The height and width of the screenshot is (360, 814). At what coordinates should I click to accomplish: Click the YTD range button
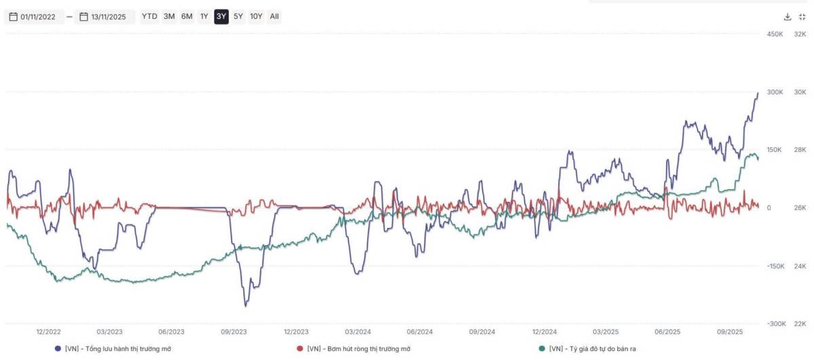coord(149,16)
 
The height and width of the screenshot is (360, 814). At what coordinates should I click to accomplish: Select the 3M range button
coord(169,16)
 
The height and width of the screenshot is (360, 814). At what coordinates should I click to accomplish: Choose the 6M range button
coord(187,16)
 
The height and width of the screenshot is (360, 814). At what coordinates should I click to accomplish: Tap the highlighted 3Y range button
coord(221,16)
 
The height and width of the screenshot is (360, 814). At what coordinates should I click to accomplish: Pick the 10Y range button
coord(256,16)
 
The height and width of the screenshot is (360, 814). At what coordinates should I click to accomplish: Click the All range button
coord(274,16)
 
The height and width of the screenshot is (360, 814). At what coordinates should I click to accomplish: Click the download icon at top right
coord(788,16)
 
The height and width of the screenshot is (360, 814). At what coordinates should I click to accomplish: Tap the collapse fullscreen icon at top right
coord(802,16)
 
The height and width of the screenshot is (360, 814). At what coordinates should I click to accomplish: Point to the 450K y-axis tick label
coord(775,34)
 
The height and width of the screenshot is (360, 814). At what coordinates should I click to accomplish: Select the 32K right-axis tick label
coord(800,34)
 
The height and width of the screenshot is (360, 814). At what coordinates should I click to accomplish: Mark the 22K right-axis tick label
coord(800,324)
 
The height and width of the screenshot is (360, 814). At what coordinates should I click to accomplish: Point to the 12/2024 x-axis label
coord(545,332)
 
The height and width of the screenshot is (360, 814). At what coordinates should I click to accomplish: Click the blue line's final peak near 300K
coord(758,93)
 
